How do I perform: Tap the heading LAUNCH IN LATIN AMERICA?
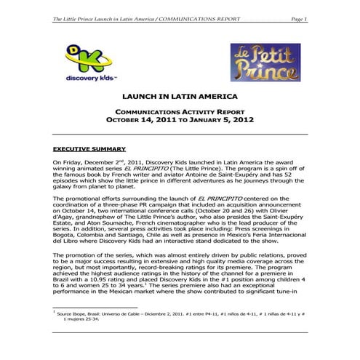(179, 96)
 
